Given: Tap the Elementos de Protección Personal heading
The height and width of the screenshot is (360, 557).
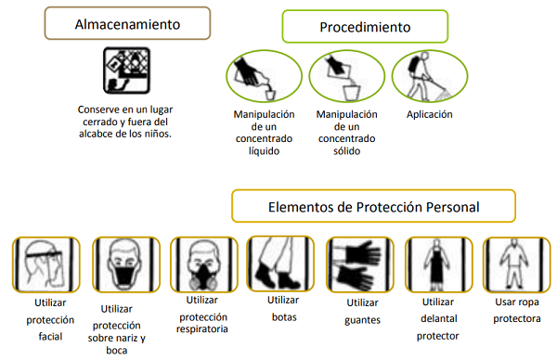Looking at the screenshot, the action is [x=388, y=206].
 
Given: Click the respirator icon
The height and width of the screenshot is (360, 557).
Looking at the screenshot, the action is [x=201, y=265].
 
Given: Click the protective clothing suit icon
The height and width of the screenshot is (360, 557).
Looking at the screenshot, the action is [x=516, y=265].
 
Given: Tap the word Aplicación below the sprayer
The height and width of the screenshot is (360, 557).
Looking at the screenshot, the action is [x=429, y=115].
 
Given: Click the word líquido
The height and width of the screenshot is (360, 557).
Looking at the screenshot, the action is [x=265, y=150].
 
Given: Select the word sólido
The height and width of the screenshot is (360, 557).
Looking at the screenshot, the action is [x=345, y=150].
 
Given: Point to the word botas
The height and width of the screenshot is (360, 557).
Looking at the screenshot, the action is [x=282, y=315].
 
